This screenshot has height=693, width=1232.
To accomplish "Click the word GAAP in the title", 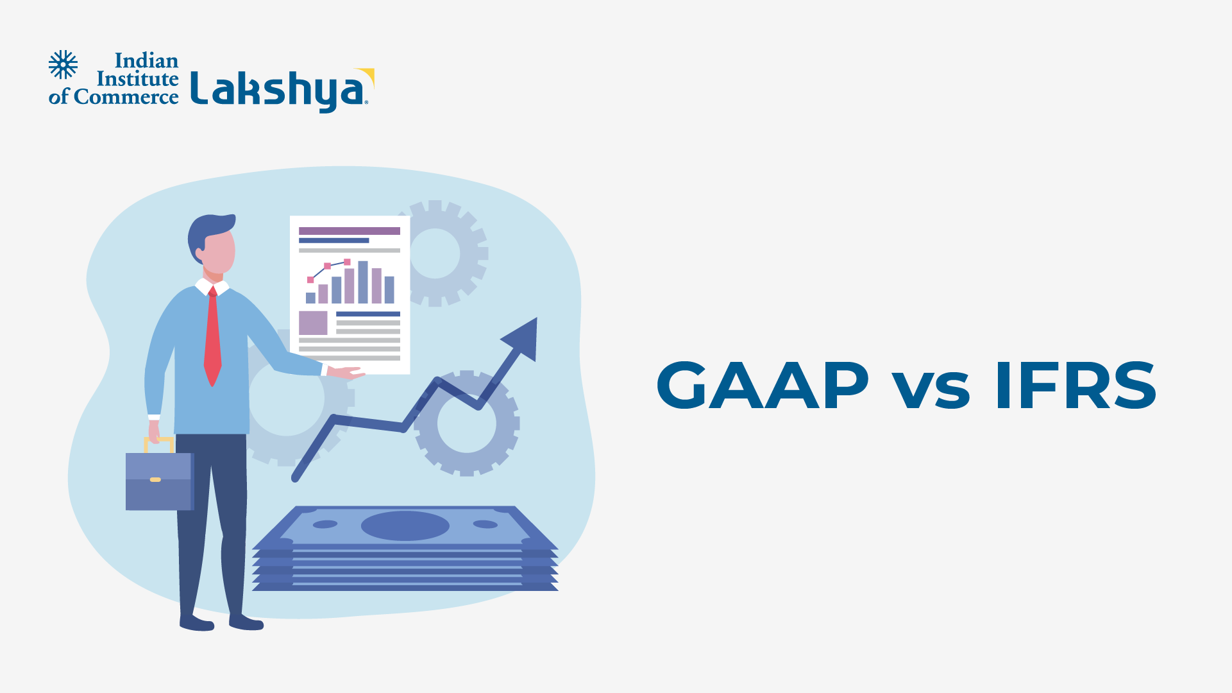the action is [x=763, y=385].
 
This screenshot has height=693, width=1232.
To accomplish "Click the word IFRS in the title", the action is [x=1076, y=385].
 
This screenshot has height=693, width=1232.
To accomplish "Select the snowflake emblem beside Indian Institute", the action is [x=63, y=65].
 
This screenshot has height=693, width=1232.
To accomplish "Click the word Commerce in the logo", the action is [x=126, y=97].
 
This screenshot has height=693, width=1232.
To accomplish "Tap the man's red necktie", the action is [x=212, y=336].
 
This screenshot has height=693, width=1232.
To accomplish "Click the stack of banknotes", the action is [x=405, y=548].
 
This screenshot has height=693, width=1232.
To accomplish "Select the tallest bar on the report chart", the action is [x=363, y=282].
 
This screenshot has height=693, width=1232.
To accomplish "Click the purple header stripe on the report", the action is [x=350, y=231].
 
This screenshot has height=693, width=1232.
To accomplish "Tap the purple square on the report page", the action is [x=313, y=323].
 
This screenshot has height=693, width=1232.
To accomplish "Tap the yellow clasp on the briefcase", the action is [x=155, y=479].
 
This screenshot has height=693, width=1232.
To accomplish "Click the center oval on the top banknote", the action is [x=405, y=526].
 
